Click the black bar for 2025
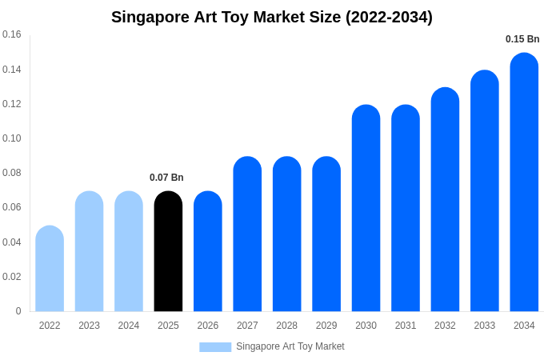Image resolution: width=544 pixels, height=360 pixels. tap(168, 251)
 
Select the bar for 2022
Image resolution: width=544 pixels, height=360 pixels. tap(50, 269)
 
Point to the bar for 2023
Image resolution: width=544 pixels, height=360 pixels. tap(89, 251)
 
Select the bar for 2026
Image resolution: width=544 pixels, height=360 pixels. tap(208, 251)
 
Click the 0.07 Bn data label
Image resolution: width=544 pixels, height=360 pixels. tap(166, 178)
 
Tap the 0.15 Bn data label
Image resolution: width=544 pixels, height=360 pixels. tap(522, 39)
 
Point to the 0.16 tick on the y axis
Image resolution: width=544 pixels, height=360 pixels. tap(12, 34)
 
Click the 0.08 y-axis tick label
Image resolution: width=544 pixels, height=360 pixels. tap(12, 173)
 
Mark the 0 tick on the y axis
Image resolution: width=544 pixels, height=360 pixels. tap(18, 311)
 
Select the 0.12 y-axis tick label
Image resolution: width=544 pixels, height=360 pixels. tap(12, 104)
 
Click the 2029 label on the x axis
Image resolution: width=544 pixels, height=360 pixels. tap(326, 326)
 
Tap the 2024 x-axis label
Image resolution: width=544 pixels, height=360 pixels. tap(129, 326)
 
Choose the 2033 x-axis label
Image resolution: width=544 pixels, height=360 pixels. tap(484, 326)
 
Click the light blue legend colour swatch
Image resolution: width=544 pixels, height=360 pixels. tap(215, 347)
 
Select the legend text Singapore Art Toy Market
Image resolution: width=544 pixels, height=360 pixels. tap(290, 346)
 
